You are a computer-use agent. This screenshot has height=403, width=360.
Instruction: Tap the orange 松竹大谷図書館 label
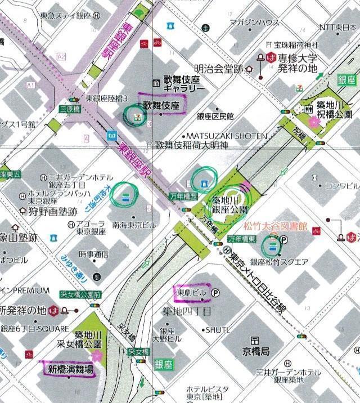(x=275, y=226)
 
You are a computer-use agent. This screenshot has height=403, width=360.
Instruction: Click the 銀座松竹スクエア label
(x=279, y=262)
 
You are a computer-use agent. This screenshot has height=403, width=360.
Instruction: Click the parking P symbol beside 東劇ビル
(x=216, y=293)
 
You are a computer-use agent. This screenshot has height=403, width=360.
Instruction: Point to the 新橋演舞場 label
(x=70, y=370)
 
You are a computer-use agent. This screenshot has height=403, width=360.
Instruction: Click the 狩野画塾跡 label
(x=52, y=212)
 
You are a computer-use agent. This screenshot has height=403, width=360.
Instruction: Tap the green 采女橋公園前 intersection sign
(x=81, y=294)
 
